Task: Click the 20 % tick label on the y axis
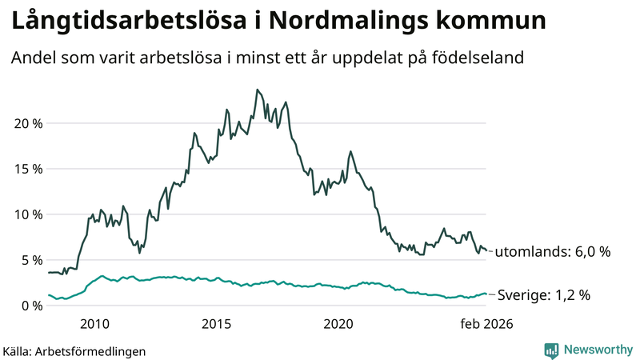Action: pyautogui.click(x=26, y=123)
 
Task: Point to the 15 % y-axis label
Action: pyautogui.click(x=26, y=169)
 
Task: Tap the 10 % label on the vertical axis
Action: pyautogui.click(x=26, y=214)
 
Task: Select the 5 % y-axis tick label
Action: pyautogui.click(x=30, y=260)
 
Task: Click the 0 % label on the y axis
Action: pyautogui.click(x=30, y=306)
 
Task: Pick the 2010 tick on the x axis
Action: pyautogui.click(x=94, y=324)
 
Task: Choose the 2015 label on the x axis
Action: pyautogui.click(x=216, y=324)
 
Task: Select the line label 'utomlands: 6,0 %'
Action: pyautogui.click(x=553, y=252)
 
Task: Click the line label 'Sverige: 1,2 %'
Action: pyautogui.click(x=544, y=295)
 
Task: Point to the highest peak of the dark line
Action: pyautogui.click(x=257, y=90)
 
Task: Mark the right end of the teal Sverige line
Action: pyautogui.click(x=486, y=294)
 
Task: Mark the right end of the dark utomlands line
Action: pyautogui.click(x=486, y=250)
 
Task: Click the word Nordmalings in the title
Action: pyautogui.click(x=350, y=22)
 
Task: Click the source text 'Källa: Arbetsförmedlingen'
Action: pyautogui.click(x=74, y=350)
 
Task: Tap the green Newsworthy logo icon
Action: pyautogui.click(x=551, y=350)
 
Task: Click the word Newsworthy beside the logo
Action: pyautogui.click(x=597, y=350)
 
